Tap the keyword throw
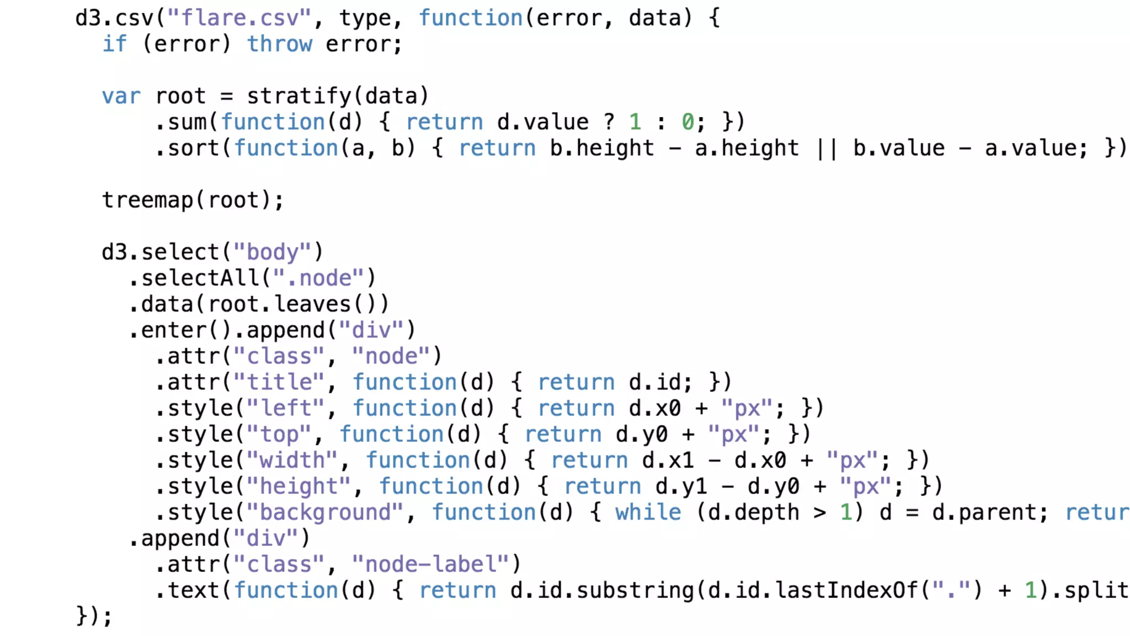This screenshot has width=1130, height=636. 279,44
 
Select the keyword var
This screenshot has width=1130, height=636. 121,97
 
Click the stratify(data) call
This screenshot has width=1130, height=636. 337,97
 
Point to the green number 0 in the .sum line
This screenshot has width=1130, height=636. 687,122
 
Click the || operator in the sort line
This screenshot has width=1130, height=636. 826,149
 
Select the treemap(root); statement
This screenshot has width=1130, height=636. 193,200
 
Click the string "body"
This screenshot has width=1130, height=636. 272,252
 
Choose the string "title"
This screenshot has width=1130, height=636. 279,382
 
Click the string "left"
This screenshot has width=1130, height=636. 285,409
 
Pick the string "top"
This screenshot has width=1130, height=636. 279,434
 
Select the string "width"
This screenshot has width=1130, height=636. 292,460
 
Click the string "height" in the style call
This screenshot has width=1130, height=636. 299,486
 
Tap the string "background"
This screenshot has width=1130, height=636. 325,512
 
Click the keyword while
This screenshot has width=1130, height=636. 648,512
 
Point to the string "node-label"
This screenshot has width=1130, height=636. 430,564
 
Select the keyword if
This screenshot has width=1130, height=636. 114,44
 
